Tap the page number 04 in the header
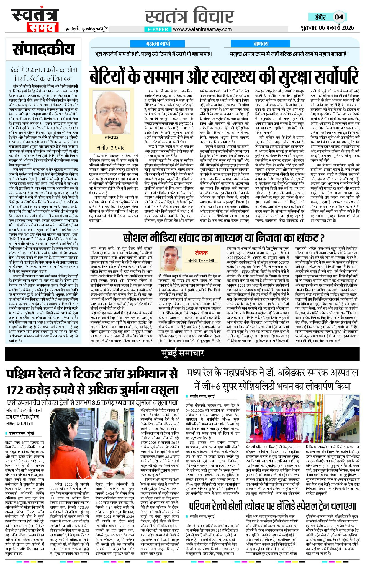tap(339, 17)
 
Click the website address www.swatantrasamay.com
tap(202, 29)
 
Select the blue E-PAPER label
tap(158, 29)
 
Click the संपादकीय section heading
tap(43, 49)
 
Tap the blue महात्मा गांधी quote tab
tap(158, 44)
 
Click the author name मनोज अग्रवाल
tap(111, 147)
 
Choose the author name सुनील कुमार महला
tap(201, 260)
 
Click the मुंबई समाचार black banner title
tap(183, 353)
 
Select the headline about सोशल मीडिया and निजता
tap(224, 238)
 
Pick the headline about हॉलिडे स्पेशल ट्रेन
tap(273, 506)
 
